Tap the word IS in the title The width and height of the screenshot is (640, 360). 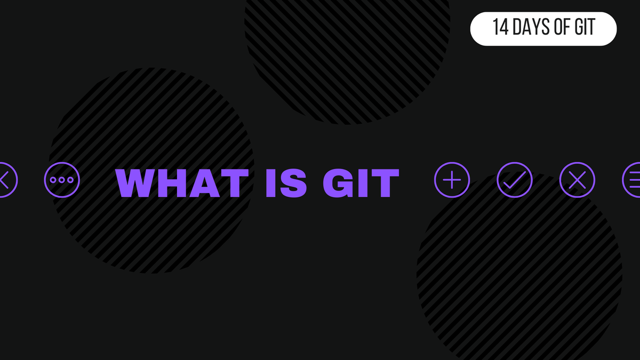coord(285,183)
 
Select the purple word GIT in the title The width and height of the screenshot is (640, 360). coord(361,183)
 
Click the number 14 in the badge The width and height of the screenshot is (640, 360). coord(500,28)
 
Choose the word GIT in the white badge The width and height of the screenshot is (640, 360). coord(585,28)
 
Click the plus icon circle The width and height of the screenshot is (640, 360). coord(452,180)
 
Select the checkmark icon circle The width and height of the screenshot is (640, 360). coord(515,180)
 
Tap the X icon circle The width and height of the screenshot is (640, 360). coord(577,180)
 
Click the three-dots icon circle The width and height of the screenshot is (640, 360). coord(62,180)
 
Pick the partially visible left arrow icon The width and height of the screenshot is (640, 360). coord(6,180)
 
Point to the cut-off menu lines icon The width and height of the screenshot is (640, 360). coord(633,180)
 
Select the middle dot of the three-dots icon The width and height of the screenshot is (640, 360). coord(62,180)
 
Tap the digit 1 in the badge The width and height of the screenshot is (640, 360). coord(496,28)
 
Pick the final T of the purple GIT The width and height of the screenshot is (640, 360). coord(385,183)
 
